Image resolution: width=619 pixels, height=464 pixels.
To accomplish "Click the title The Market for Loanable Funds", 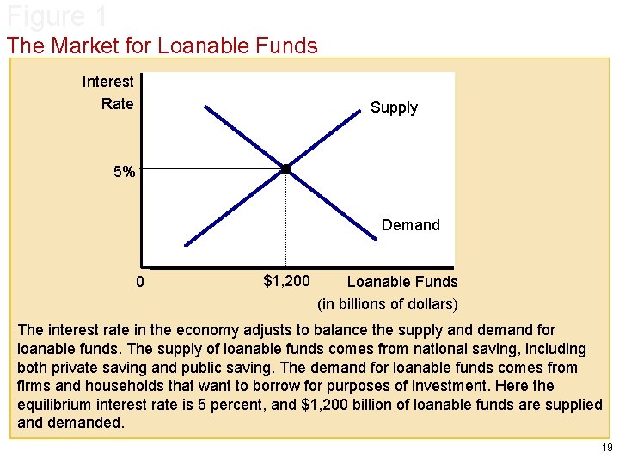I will (x=162, y=46).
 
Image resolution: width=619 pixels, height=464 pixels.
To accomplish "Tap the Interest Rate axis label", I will (x=108, y=93).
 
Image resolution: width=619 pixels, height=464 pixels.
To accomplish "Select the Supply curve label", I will (x=394, y=107).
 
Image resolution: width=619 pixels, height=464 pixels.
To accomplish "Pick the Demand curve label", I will (x=410, y=225).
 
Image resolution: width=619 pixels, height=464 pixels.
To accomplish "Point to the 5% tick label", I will (x=125, y=172).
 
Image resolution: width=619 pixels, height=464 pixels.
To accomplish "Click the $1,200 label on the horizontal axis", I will (x=286, y=280).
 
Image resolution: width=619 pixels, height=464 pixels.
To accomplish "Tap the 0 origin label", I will (x=142, y=283).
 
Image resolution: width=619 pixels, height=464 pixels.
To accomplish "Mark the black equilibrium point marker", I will (x=286, y=169).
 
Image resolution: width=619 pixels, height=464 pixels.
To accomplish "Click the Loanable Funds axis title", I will (x=402, y=281).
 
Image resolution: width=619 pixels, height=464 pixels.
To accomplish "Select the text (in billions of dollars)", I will (x=388, y=303).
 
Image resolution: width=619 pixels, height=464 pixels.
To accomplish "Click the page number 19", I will (x=607, y=448).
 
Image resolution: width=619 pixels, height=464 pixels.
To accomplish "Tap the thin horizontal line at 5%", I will (x=211, y=169).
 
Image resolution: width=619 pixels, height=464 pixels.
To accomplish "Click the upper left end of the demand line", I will (x=207, y=107).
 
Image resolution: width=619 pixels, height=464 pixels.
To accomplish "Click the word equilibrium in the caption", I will (x=55, y=405).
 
